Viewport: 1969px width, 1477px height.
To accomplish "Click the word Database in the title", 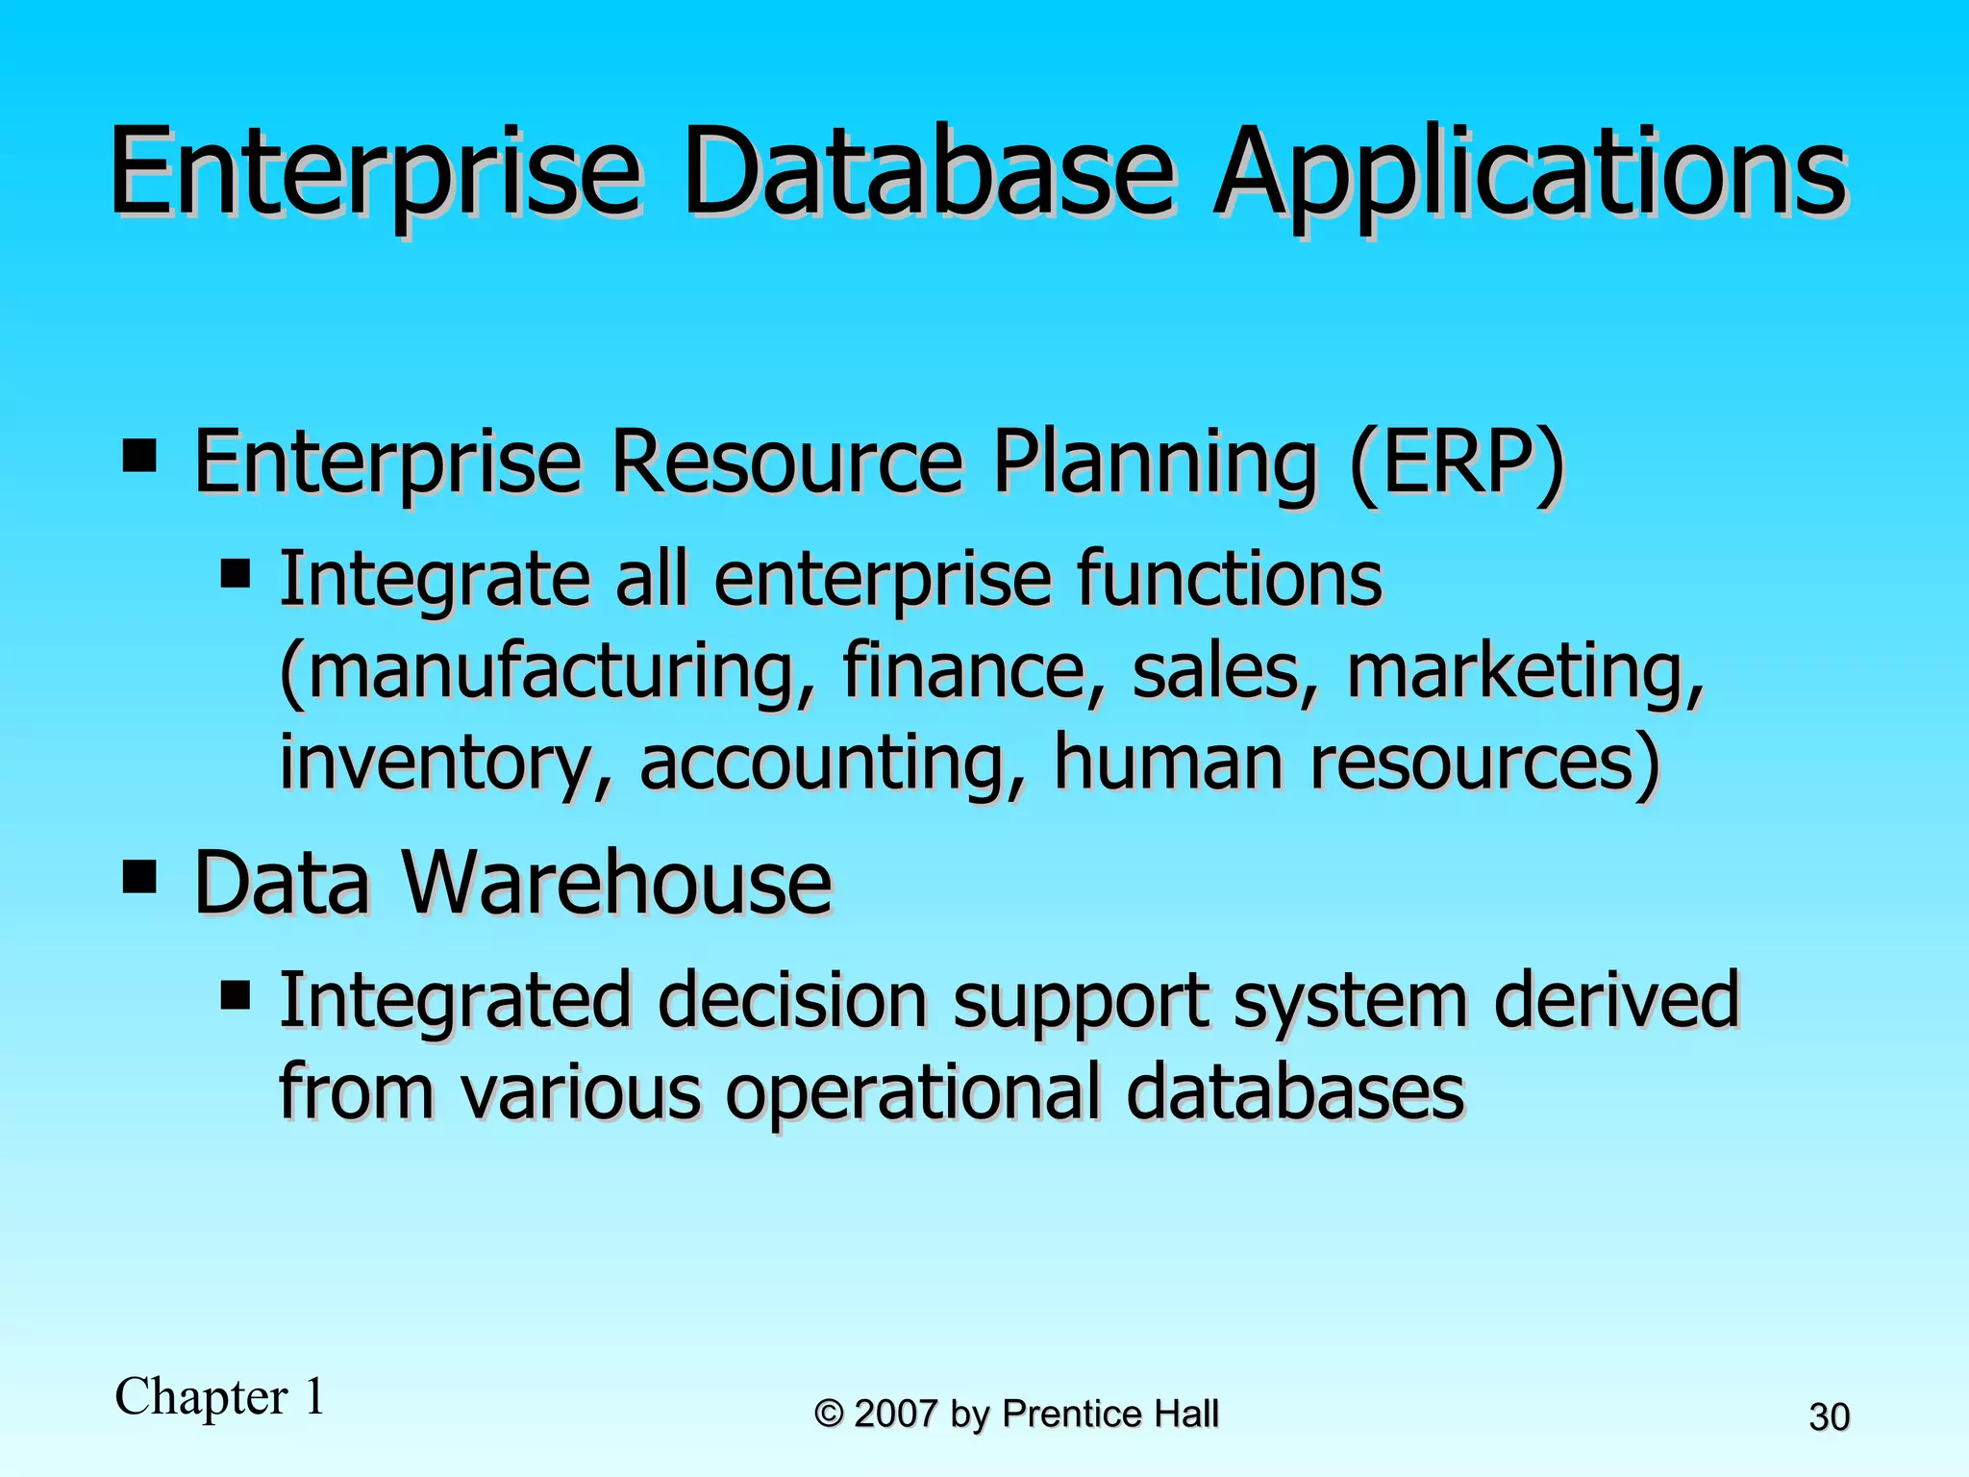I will pos(928,173).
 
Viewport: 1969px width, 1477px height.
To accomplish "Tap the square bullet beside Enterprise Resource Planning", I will pos(139,456).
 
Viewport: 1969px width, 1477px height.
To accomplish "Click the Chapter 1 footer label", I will pos(219,1397).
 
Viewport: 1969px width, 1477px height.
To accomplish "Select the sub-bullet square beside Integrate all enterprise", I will pos(235,574).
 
